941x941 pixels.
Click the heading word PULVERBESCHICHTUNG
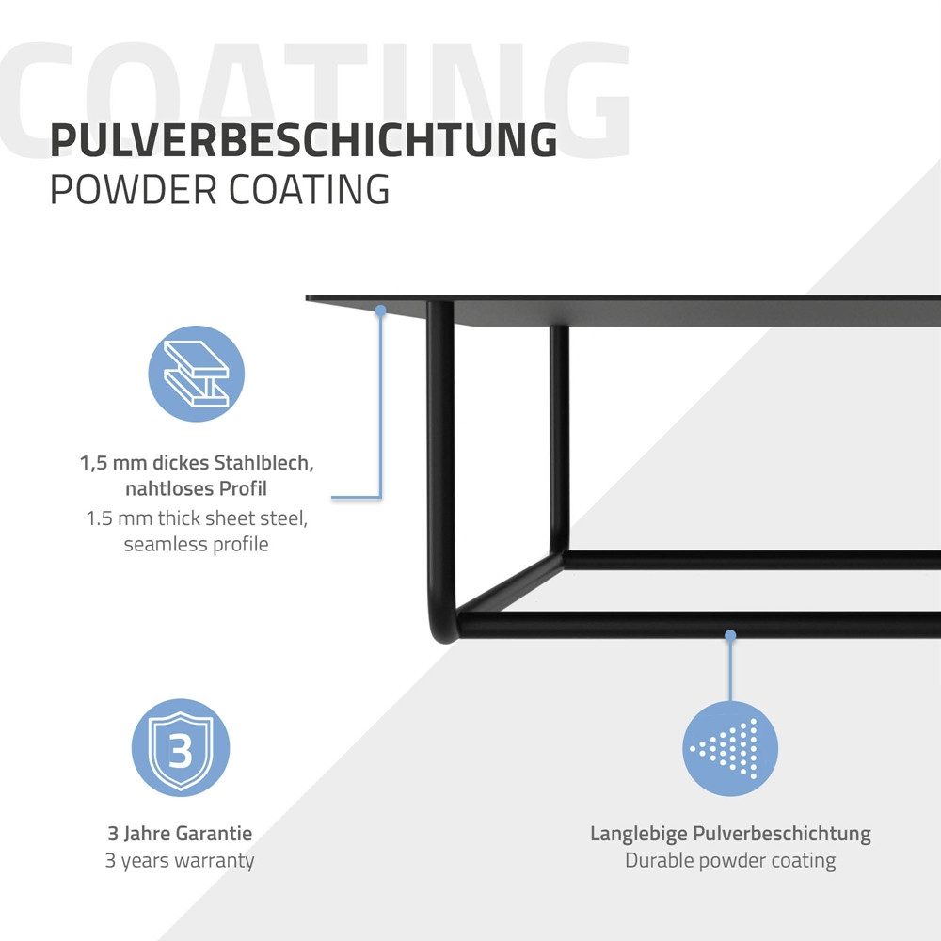click(304, 140)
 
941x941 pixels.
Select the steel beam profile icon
click(197, 374)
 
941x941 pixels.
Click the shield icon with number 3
click(181, 748)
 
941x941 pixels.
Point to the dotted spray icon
click(730, 748)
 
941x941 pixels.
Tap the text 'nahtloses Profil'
click(197, 488)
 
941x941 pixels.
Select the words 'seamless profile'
click(197, 544)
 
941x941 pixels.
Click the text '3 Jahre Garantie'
click(180, 833)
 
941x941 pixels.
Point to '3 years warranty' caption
click(180, 861)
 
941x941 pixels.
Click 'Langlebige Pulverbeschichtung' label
click(730, 834)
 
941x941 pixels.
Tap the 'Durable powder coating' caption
click(730, 861)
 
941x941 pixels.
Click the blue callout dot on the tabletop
click(380, 311)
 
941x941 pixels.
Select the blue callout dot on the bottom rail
click(730, 635)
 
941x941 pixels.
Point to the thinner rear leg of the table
click(559, 439)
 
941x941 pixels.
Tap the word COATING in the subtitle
click(310, 190)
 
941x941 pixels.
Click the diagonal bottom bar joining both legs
click(510, 583)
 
